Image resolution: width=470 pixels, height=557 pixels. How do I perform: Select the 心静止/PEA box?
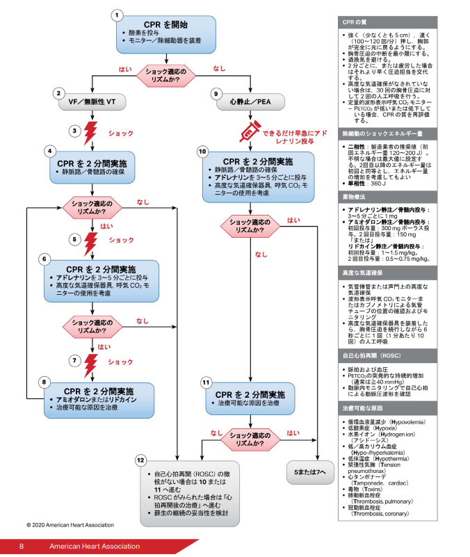[249, 102]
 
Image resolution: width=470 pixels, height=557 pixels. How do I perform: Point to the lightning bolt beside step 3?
[91, 131]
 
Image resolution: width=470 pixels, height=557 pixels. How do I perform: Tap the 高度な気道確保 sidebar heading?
[362, 273]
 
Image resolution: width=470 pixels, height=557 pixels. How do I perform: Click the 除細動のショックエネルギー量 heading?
[382, 133]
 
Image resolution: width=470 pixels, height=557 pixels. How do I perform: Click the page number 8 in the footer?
[22, 547]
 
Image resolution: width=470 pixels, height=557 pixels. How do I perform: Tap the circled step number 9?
[216, 92]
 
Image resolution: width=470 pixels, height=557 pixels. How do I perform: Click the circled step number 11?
[206, 382]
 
